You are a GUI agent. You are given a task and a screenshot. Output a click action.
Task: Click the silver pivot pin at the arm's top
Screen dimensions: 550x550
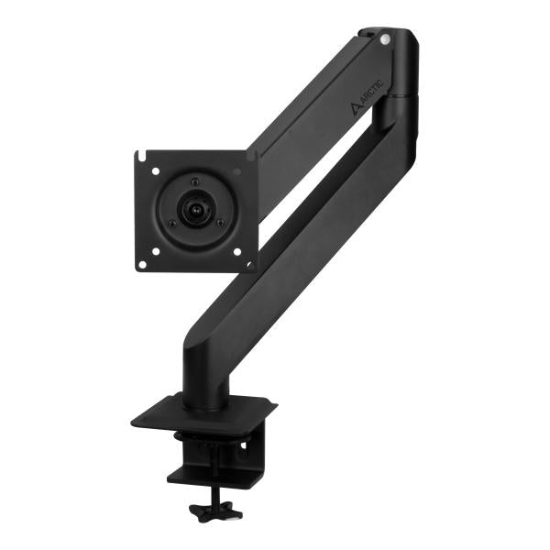click(x=385, y=38)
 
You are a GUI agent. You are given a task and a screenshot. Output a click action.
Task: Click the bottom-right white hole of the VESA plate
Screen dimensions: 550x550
click(x=237, y=248)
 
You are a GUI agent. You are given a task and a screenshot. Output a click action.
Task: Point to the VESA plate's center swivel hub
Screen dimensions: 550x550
click(x=194, y=209)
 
